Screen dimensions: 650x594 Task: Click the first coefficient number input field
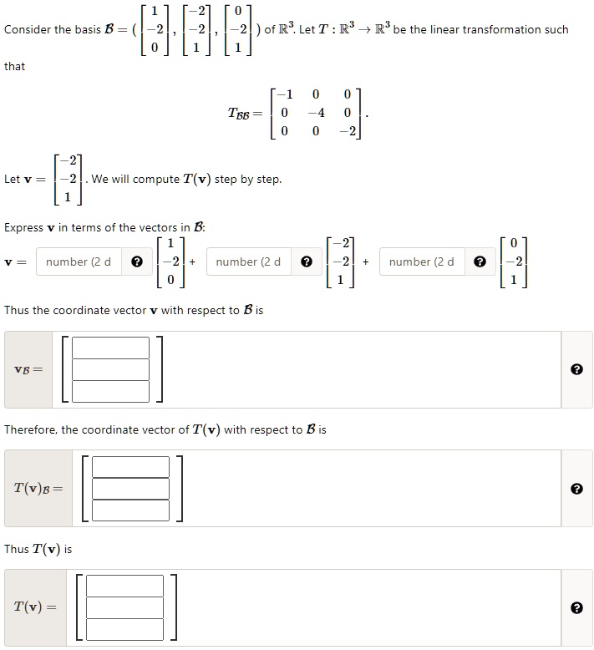[80, 262]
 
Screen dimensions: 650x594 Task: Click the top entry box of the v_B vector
[110, 348]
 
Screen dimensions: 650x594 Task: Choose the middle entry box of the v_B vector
[110, 369]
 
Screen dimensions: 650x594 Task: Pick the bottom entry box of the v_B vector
[110, 391]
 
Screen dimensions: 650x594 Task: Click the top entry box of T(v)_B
[130, 467]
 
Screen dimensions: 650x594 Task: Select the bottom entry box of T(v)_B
[130, 510]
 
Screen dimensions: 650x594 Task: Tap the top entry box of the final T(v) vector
[125, 586]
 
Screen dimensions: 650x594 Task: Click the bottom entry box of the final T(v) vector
[125, 629]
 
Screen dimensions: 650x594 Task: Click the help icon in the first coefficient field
[137, 262]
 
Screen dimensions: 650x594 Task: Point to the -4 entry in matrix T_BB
[314, 113]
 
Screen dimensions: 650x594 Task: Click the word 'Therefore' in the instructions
[30, 430]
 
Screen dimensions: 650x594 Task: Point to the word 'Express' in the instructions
[25, 227]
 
